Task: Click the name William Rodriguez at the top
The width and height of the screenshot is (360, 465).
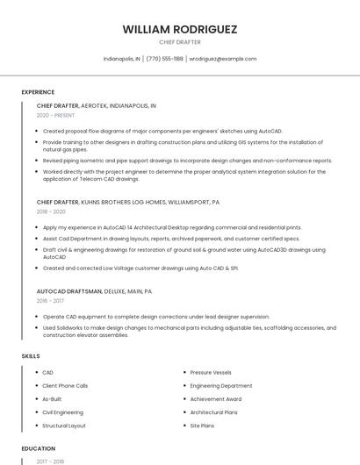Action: pos(180,29)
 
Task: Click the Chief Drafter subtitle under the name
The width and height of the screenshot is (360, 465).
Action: pos(180,41)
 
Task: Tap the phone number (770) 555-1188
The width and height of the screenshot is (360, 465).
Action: pos(164,59)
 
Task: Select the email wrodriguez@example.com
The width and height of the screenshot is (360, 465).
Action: pos(223,59)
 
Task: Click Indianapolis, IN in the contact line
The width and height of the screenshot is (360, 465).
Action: pos(121,59)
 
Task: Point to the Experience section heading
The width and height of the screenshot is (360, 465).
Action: pos(38,92)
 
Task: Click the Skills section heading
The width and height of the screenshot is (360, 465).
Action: pos(31,355)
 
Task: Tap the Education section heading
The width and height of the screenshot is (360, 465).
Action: pos(38,448)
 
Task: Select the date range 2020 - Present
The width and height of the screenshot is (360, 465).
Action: pos(55,115)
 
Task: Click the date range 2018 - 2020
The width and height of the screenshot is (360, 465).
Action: pos(51,211)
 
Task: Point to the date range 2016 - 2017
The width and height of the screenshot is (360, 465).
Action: pos(50,300)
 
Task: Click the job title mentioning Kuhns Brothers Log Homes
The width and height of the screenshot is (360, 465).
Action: pos(128,202)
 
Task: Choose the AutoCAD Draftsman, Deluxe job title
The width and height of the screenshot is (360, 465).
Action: pos(94,290)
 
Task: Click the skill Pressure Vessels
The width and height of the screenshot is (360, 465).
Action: pos(211,373)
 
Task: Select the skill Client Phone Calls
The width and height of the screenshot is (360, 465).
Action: pos(65,386)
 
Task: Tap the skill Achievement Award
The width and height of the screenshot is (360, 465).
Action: pos(215,399)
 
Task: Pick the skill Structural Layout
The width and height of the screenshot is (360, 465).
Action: pos(64,426)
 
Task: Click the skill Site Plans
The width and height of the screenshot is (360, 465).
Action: pos(202,426)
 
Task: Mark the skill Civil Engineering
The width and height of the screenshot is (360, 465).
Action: pos(62,412)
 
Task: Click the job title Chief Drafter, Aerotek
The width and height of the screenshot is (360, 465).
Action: pos(97,105)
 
